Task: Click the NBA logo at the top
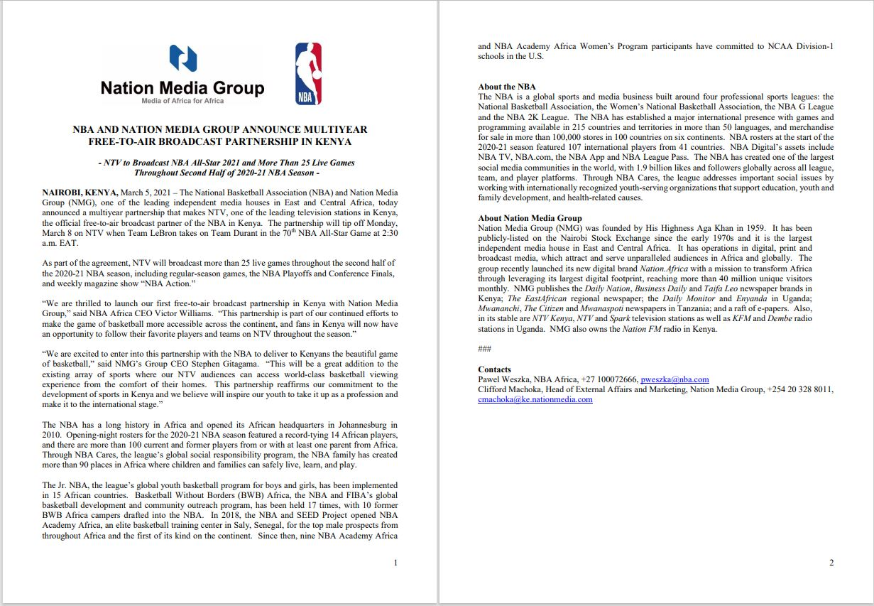(308, 74)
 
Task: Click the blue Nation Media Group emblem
(182, 59)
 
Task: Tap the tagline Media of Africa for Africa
(182, 101)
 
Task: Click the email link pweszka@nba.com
(674, 379)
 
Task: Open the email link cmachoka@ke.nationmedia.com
(535, 399)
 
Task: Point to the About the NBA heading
(507, 87)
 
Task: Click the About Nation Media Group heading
(530, 218)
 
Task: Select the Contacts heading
(494, 369)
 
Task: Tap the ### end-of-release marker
(484, 349)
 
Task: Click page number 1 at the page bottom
(395, 563)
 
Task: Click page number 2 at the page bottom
(831, 563)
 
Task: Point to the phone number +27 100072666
(608, 379)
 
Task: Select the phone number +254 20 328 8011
(799, 389)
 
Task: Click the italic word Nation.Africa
(663, 269)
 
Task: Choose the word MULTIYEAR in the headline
(336, 130)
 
